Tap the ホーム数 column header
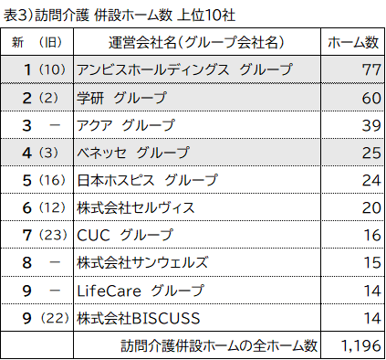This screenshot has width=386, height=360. [x=352, y=42]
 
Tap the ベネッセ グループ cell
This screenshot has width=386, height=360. [x=133, y=153]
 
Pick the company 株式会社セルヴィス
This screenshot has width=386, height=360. [x=136, y=207]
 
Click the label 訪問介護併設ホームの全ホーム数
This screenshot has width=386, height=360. [x=219, y=345]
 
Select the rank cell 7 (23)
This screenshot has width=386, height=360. [x=42, y=236]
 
